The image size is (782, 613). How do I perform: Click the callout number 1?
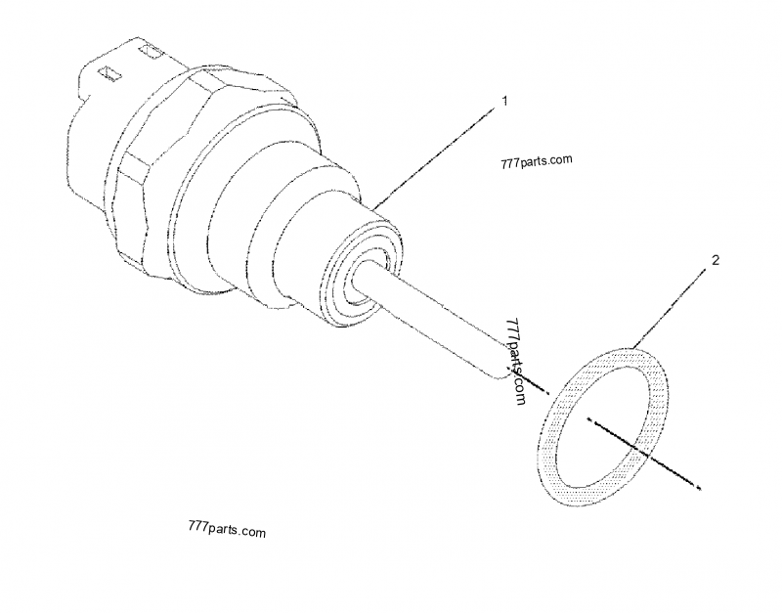coord(503,101)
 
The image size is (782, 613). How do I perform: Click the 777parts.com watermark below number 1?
coord(535,161)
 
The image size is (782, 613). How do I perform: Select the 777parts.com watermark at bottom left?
coord(224,533)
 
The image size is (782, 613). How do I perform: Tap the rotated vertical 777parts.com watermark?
coord(516,362)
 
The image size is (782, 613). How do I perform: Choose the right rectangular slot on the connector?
coord(151,48)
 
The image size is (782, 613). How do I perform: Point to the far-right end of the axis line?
coord(695,486)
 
